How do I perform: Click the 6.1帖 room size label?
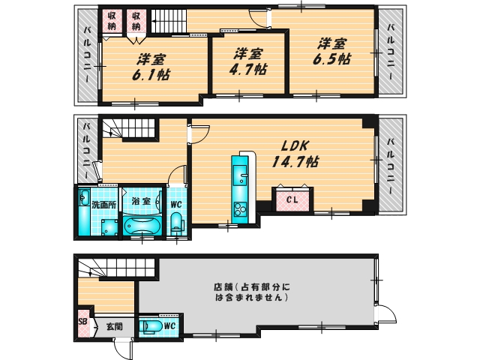[151, 68]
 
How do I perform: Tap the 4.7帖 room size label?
[247, 62]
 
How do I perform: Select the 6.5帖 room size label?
[331, 51]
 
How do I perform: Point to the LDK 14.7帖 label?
[299, 154]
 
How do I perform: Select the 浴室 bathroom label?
[141, 201]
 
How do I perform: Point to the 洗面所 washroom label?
[103, 203]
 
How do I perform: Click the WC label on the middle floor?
[175, 202]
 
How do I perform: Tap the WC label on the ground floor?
[169, 325]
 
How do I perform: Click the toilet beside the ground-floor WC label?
[150, 325]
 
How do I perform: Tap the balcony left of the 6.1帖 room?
[86, 57]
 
